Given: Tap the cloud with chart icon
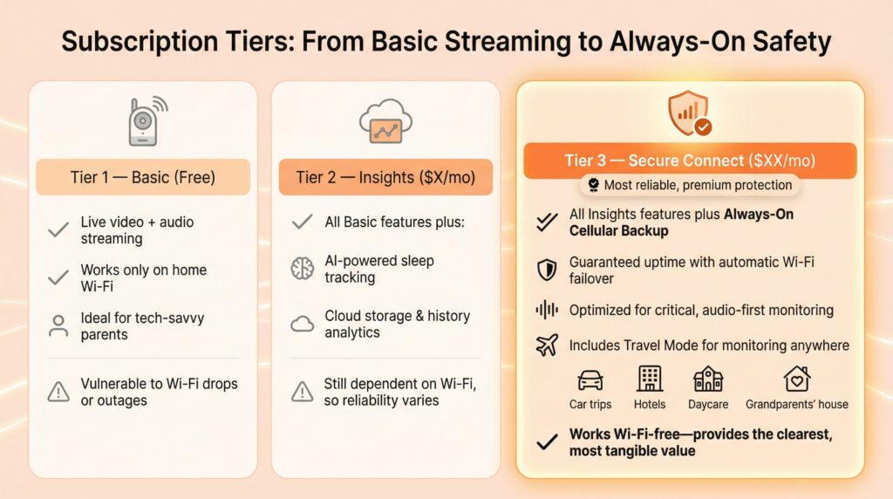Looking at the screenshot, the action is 385,121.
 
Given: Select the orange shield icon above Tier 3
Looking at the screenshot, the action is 690,113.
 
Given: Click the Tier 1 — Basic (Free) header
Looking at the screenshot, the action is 143,177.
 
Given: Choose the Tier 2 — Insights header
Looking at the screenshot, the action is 385,177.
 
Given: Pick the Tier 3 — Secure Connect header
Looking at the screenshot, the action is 690,161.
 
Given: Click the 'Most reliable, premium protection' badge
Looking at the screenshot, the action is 690,185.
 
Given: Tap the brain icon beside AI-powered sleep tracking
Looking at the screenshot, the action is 302,269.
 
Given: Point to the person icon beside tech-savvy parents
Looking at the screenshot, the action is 58,325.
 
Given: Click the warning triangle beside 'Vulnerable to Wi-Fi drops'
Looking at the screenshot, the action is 58,392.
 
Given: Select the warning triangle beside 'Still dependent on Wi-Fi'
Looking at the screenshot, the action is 302,392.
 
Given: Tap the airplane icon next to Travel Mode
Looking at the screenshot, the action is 547,345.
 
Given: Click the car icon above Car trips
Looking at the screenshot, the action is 590,380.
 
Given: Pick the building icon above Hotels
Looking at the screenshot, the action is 649,379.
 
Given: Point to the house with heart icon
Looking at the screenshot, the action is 797,379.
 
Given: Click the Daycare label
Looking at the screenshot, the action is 708,405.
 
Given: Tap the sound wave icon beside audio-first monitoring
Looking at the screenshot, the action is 547,310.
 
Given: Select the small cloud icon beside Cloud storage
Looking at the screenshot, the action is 302,325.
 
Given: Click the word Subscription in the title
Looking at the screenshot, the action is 140,42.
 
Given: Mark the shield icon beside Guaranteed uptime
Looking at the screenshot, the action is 547,270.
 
